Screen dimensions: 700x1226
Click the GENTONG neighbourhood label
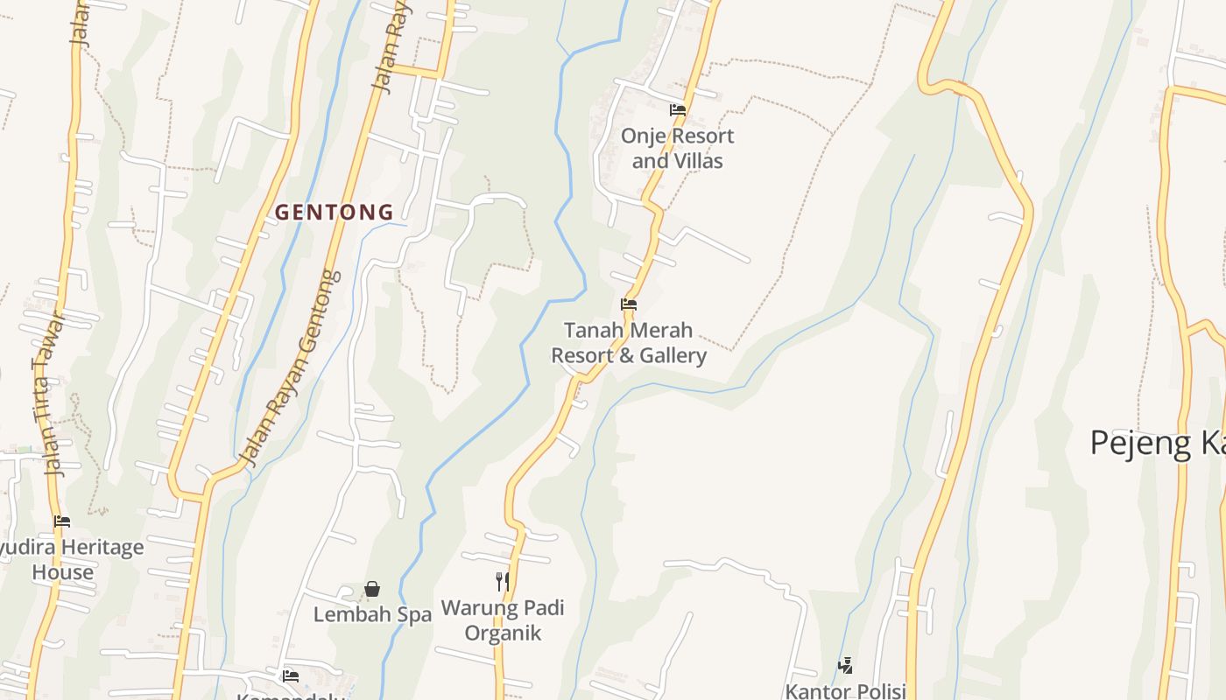coord(335,212)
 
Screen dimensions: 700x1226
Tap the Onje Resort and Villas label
coord(677,148)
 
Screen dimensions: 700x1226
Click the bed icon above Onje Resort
coord(677,110)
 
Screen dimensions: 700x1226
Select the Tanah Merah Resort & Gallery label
coord(628,343)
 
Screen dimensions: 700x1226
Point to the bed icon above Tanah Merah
coord(628,304)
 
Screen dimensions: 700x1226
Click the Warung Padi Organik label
coord(503,619)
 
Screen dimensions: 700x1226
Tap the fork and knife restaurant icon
coord(503,581)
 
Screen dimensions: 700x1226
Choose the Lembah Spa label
coord(372,614)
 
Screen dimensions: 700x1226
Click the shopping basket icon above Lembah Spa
coord(372,589)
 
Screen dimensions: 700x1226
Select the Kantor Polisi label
coord(845,690)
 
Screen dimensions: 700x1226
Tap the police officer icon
coord(845,666)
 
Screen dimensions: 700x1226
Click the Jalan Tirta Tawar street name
coord(51,394)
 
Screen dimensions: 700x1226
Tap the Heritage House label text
coord(70,560)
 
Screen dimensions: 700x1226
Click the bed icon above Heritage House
coord(61,521)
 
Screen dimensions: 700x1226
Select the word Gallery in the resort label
coord(673,355)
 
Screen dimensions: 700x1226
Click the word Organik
coord(503,633)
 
